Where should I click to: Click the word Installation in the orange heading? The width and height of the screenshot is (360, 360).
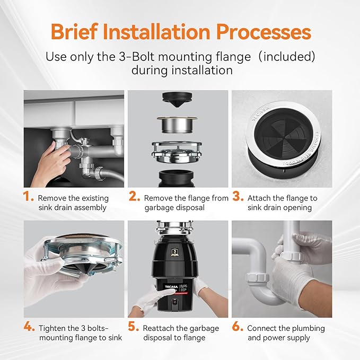pyautogui.click(x=160, y=32)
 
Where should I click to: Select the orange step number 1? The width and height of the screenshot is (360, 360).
pyautogui.click(x=29, y=197)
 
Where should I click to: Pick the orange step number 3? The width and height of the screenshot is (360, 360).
pyautogui.click(x=238, y=197)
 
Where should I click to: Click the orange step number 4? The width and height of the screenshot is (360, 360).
pyautogui.click(x=29, y=327)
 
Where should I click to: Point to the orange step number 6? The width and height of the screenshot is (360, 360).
pyautogui.click(x=238, y=327)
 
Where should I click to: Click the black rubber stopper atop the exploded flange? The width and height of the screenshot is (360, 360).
pyautogui.click(x=178, y=99)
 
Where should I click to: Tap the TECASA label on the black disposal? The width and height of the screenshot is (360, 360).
pyautogui.click(x=168, y=286)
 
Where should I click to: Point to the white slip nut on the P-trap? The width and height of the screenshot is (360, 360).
pyautogui.click(x=256, y=277)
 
